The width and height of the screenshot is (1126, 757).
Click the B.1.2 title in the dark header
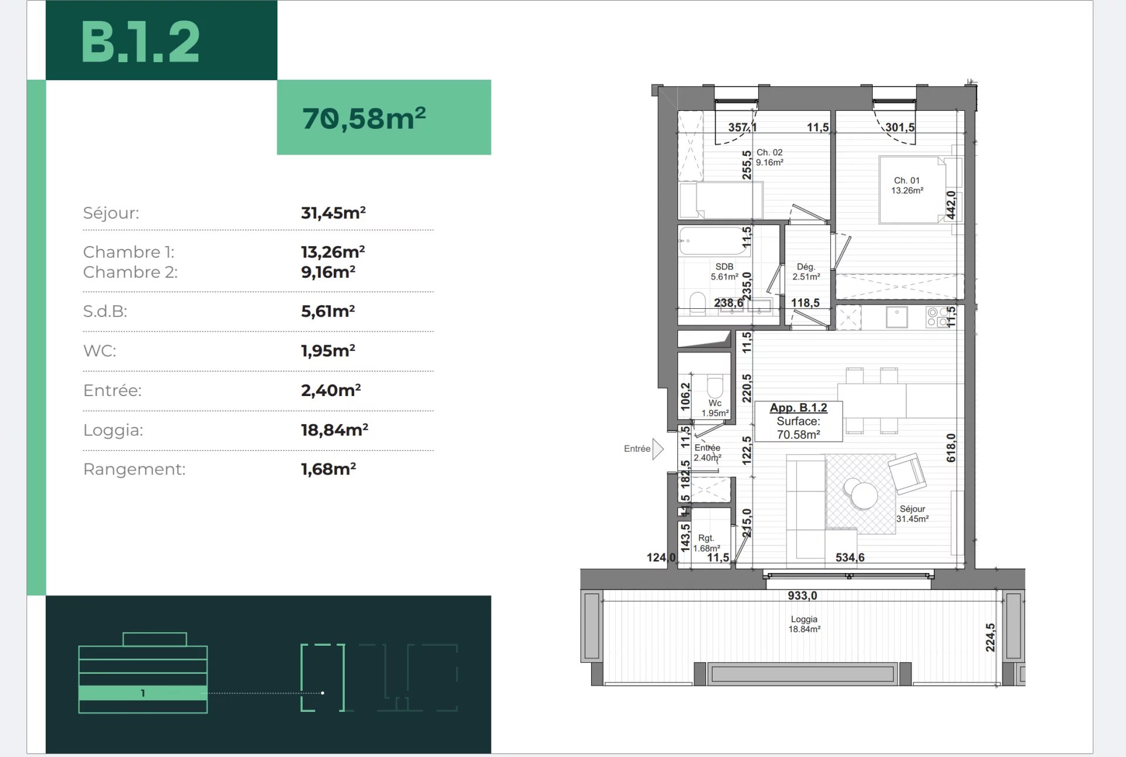click(x=140, y=42)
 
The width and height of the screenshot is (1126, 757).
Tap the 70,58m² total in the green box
click(x=364, y=118)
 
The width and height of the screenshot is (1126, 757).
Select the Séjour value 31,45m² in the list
click(x=333, y=213)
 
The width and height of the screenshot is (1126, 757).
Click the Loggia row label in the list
click(x=113, y=430)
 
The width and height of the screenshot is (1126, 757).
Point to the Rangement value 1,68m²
click(x=328, y=469)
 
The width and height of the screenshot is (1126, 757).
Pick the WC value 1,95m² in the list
click(x=328, y=350)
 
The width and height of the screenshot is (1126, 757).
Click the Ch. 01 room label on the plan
click(x=907, y=185)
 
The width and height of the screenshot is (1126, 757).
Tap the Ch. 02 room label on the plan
click(x=769, y=157)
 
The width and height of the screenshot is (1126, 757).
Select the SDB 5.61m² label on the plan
click(x=724, y=271)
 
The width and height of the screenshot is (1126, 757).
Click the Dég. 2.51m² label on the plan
click(x=806, y=271)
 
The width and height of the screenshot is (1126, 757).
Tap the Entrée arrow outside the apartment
click(x=658, y=449)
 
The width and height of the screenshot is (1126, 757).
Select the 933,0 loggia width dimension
click(x=802, y=595)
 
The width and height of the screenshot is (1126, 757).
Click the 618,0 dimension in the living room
click(x=951, y=448)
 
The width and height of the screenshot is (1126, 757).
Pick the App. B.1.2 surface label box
click(x=798, y=421)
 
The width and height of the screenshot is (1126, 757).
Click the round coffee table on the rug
click(x=860, y=494)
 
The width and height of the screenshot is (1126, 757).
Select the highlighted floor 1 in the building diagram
click(x=143, y=693)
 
